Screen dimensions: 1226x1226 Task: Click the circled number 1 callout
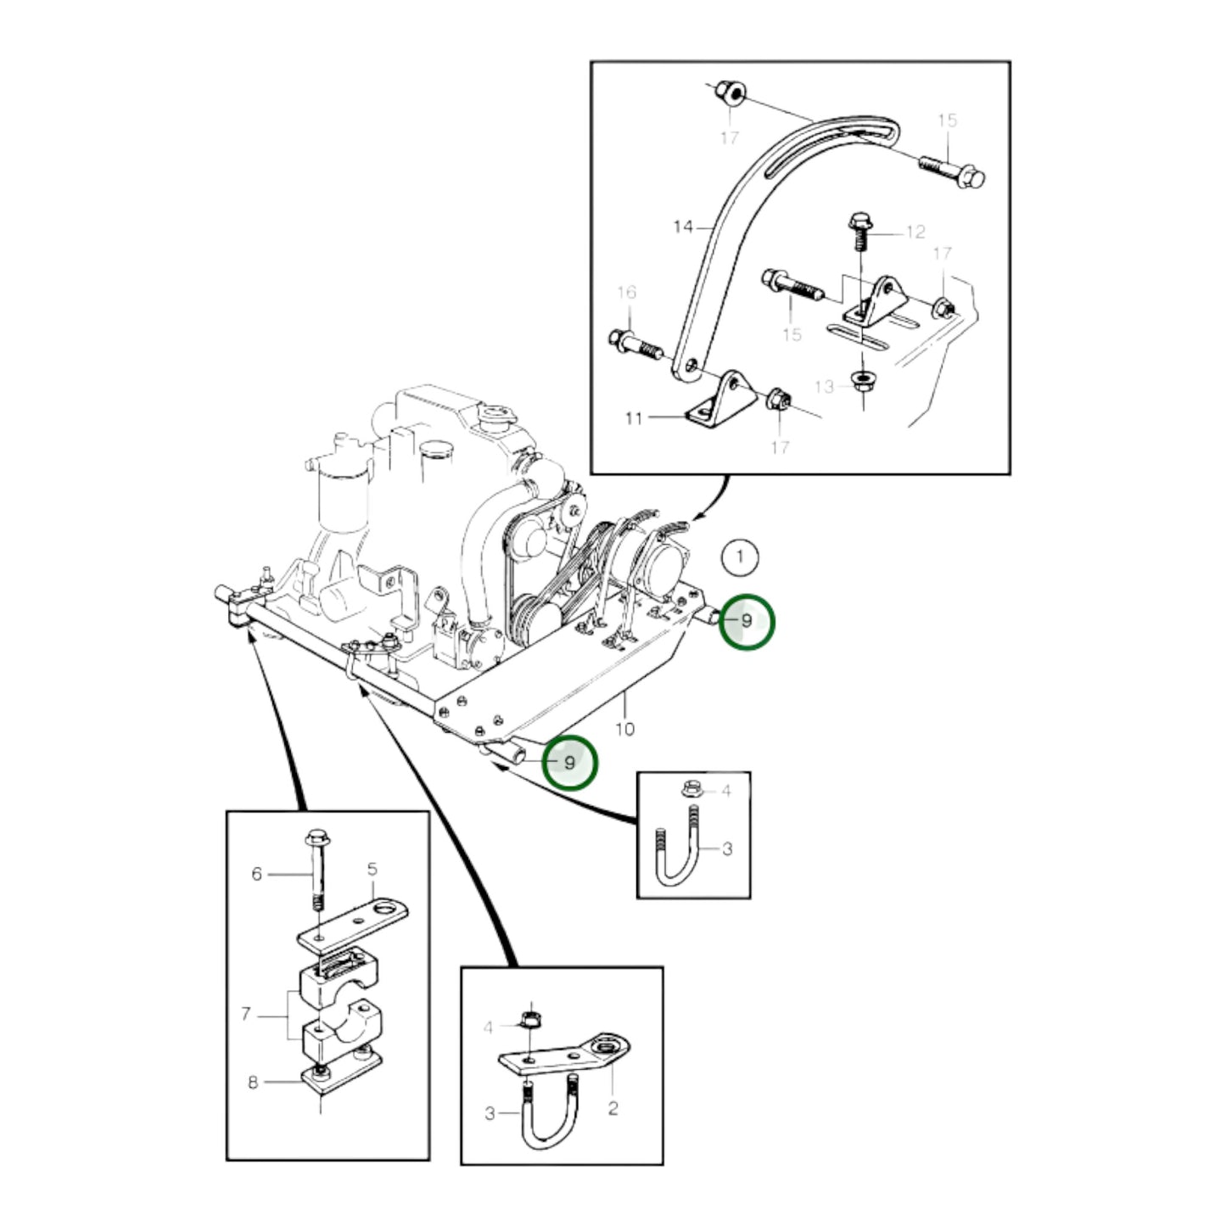pyautogui.click(x=741, y=557)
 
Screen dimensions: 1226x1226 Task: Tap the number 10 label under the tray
pyautogui.click(x=624, y=729)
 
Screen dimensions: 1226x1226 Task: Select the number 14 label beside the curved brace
pyautogui.click(x=683, y=227)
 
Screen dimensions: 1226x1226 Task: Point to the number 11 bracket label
pyautogui.click(x=634, y=417)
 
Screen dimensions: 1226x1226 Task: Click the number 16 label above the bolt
pyautogui.click(x=626, y=293)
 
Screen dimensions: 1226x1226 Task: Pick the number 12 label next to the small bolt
pyautogui.click(x=915, y=232)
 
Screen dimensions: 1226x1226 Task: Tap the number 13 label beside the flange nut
pyautogui.click(x=824, y=387)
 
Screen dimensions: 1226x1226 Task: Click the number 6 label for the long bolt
pyautogui.click(x=257, y=873)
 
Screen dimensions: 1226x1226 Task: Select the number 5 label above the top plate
pyautogui.click(x=372, y=869)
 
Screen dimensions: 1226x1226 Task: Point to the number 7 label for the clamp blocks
pyautogui.click(x=246, y=1013)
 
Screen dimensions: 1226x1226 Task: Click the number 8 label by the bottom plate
pyautogui.click(x=253, y=1083)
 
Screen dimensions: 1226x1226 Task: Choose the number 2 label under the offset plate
pyautogui.click(x=613, y=1108)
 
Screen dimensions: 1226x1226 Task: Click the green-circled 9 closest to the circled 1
pyautogui.click(x=746, y=621)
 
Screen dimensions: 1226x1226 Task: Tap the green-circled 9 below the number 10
pyautogui.click(x=569, y=763)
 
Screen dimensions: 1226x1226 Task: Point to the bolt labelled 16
pyautogui.click(x=634, y=345)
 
